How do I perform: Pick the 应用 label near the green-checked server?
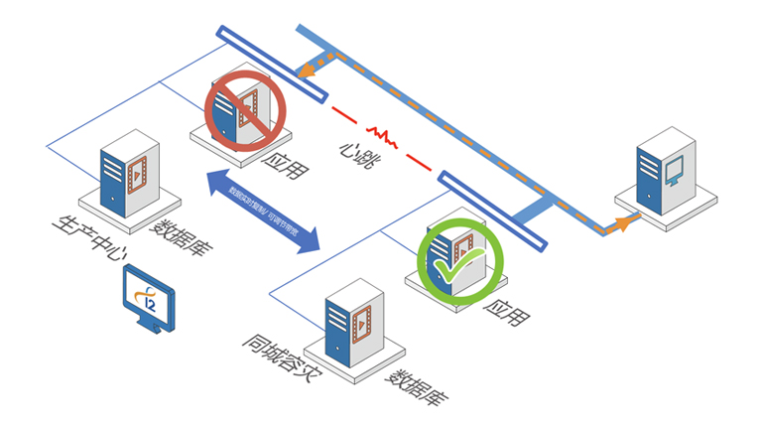coord(504,316)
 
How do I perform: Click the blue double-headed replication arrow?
coord(263,210)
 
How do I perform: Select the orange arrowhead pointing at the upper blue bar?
coord(311,71)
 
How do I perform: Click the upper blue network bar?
coord(270,64)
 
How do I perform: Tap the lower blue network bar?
coord(492,210)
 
